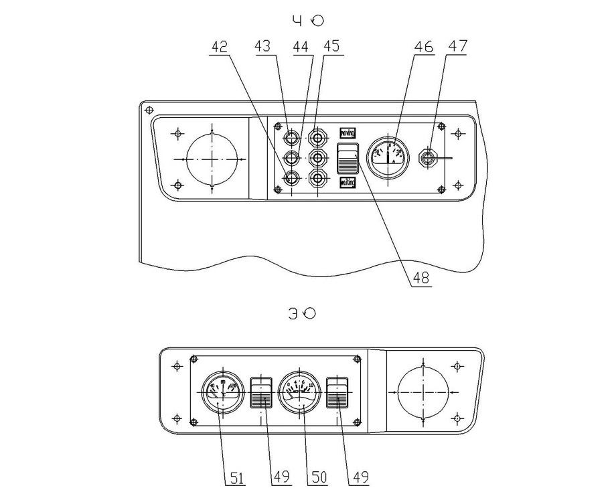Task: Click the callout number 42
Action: click(219, 47)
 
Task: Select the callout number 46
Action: click(423, 47)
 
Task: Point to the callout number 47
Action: click(459, 47)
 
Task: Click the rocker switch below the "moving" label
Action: click(348, 159)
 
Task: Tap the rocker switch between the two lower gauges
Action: click(260, 392)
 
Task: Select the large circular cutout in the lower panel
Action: click(424, 391)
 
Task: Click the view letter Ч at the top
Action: click(297, 21)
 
